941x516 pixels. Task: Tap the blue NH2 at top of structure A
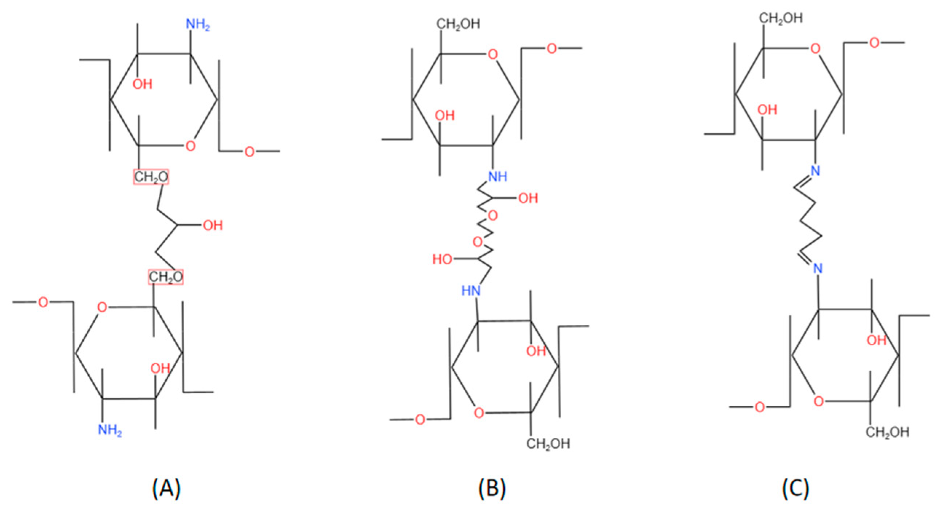click(198, 25)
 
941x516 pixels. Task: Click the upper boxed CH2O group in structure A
click(151, 177)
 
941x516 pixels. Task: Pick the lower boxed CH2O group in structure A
click(165, 277)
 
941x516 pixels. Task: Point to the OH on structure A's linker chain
click(213, 225)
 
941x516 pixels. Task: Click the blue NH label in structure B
click(497, 177)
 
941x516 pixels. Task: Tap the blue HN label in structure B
click(471, 291)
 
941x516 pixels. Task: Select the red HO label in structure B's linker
click(442, 259)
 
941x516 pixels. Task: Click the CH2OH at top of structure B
click(458, 24)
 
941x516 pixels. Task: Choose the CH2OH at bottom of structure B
click(548, 444)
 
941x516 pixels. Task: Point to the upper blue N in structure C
click(815, 171)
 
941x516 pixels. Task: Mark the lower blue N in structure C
click(818, 269)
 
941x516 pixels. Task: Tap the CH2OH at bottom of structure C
click(887, 432)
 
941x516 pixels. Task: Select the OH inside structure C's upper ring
click(767, 110)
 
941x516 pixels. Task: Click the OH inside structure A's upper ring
click(142, 84)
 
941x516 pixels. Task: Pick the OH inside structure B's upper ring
click(445, 116)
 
